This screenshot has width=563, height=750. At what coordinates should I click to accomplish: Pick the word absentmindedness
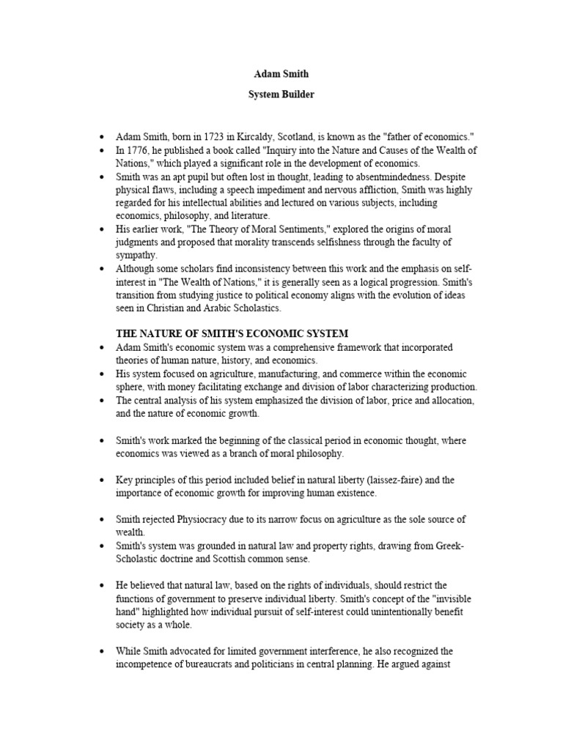(393, 177)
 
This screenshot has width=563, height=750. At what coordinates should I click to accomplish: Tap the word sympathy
(136, 256)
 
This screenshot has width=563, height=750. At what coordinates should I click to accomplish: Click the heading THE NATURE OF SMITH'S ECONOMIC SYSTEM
(232, 333)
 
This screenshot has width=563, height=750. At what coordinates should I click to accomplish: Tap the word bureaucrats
(216, 664)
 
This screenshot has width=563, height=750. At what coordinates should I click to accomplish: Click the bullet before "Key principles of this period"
(101, 480)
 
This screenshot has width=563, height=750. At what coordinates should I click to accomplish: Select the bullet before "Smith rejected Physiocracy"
(101, 520)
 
